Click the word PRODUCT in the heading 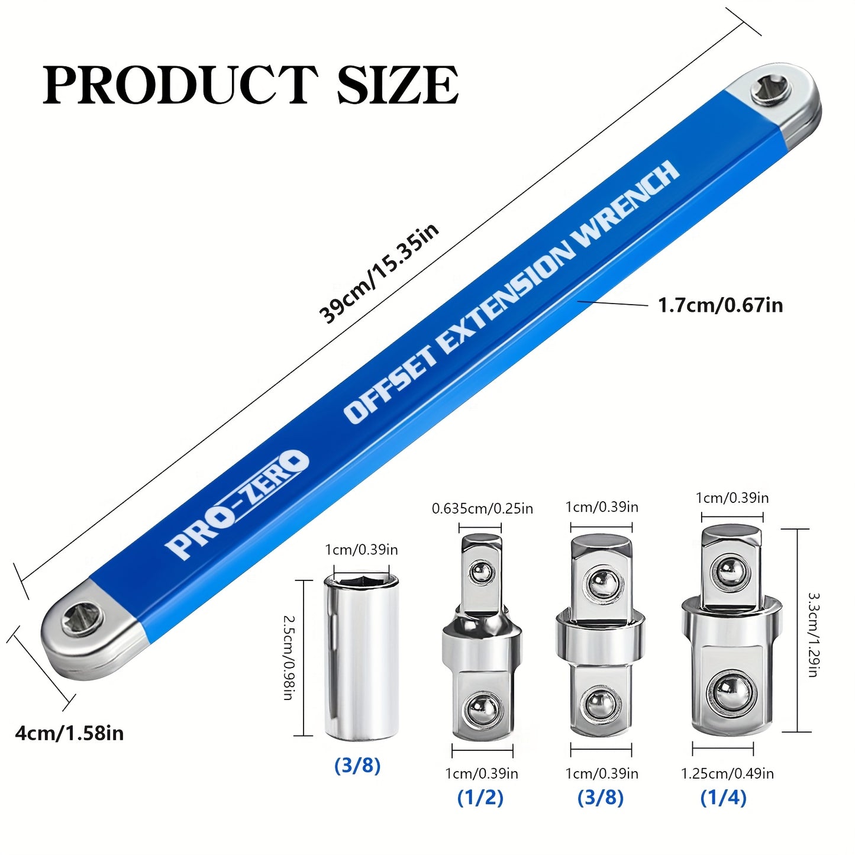[x=180, y=86]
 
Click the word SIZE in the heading [x=398, y=86]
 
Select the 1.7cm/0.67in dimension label [x=720, y=305]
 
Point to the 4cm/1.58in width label [x=69, y=734]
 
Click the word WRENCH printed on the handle [x=627, y=204]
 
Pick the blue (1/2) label [x=480, y=798]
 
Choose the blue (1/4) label [x=723, y=798]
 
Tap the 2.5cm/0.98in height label [x=288, y=657]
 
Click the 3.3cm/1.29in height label [x=814, y=635]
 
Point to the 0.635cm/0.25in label [x=482, y=509]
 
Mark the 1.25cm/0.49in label [x=727, y=773]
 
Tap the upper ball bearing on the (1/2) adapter [x=482, y=572]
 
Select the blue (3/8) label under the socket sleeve [x=357, y=766]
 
